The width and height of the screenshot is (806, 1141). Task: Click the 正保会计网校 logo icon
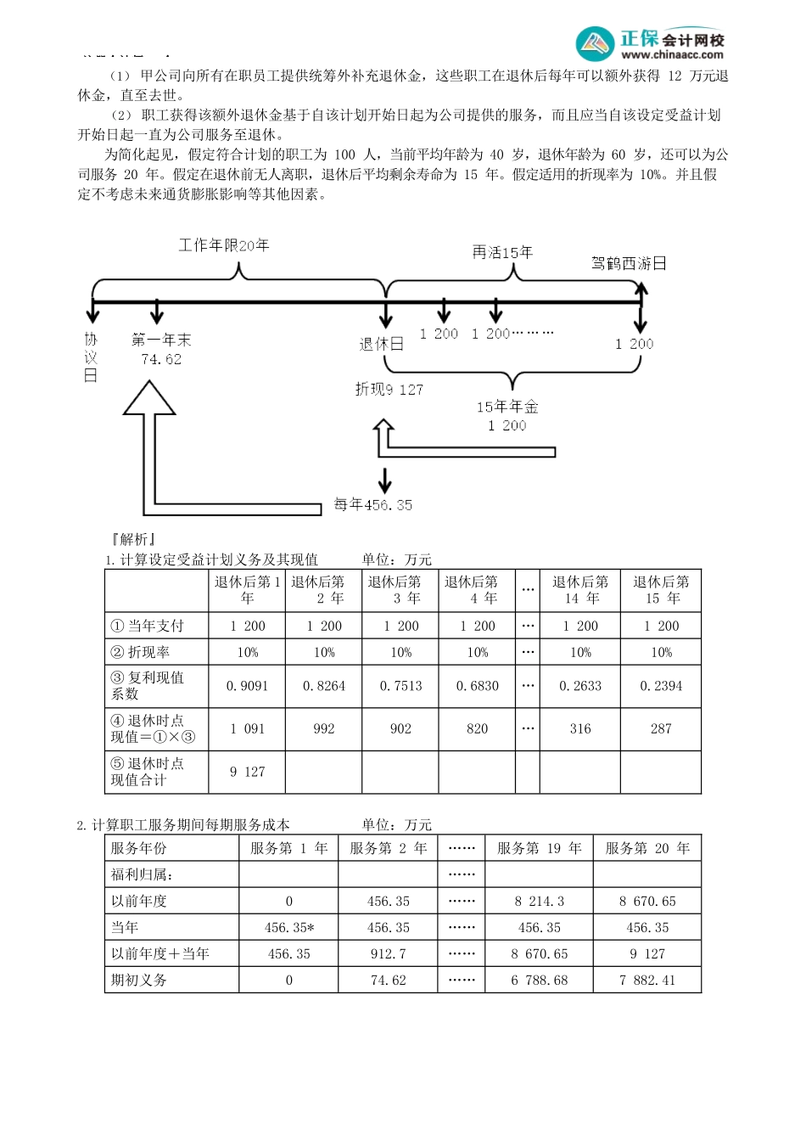click(595, 43)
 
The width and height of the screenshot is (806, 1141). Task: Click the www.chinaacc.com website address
click(672, 54)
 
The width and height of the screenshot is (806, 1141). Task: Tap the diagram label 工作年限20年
click(224, 245)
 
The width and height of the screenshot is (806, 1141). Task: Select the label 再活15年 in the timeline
click(502, 252)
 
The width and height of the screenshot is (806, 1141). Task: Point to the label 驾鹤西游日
click(629, 263)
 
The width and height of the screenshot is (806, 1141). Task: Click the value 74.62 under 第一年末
click(161, 359)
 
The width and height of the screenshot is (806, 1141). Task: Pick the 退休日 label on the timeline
click(381, 344)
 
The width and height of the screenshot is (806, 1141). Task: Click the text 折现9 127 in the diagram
click(389, 389)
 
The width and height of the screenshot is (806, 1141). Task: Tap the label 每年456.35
click(372, 504)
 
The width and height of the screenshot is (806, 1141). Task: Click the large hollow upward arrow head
click(149, 398)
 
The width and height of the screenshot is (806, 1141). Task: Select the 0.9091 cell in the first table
click(247, 686)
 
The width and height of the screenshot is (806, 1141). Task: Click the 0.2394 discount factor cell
click(661, 686)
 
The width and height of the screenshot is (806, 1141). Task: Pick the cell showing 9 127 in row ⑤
click(247, 772)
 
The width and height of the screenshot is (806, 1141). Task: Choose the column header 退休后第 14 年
click(580, 590)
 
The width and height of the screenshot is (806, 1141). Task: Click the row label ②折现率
click(140, 652)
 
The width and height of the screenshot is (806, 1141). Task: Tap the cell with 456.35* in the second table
click(288, 927)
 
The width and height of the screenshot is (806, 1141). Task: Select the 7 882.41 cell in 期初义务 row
click(647, 980)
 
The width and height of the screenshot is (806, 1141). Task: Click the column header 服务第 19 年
click(539, 848)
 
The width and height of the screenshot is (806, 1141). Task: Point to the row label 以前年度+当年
click(160, 953)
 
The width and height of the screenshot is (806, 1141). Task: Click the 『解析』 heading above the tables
click(132, 539)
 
